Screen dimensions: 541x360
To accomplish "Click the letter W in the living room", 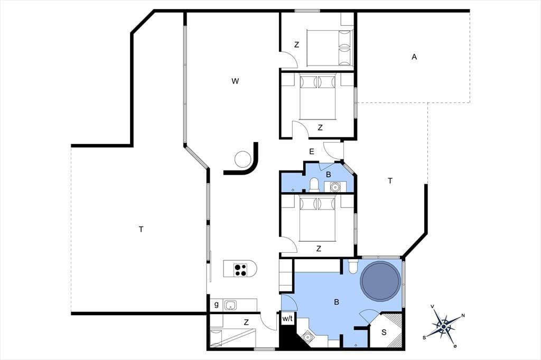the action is coord(235,81).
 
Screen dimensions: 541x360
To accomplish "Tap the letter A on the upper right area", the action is coord(414,57).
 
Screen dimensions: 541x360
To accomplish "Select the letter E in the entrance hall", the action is coord(312,151).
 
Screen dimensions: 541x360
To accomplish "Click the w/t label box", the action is coord(287,319).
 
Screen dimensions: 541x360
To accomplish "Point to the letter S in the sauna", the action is coord(384,333).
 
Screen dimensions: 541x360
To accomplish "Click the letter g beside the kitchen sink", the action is coord(216,305).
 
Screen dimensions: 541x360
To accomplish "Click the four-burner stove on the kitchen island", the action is coord(240,269).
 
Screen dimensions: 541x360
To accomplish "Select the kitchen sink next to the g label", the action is coord(230,305).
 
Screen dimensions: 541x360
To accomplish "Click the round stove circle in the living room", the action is coord(242,159).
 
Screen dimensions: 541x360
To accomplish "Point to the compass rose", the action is coord(444,326).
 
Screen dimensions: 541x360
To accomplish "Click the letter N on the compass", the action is coord(463,316).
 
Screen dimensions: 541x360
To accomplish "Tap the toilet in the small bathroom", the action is coord(314,184).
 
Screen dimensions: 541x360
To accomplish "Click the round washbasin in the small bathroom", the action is coord(334,186).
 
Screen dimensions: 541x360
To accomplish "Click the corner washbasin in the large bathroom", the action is coord(307,336).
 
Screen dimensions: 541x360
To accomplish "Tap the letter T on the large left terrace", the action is coord(141,229).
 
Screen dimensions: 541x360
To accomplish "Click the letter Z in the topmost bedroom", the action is coord(296,45).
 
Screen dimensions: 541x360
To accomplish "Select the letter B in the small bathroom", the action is coord(328,175).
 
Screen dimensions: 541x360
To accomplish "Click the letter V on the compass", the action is coord(432,306).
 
